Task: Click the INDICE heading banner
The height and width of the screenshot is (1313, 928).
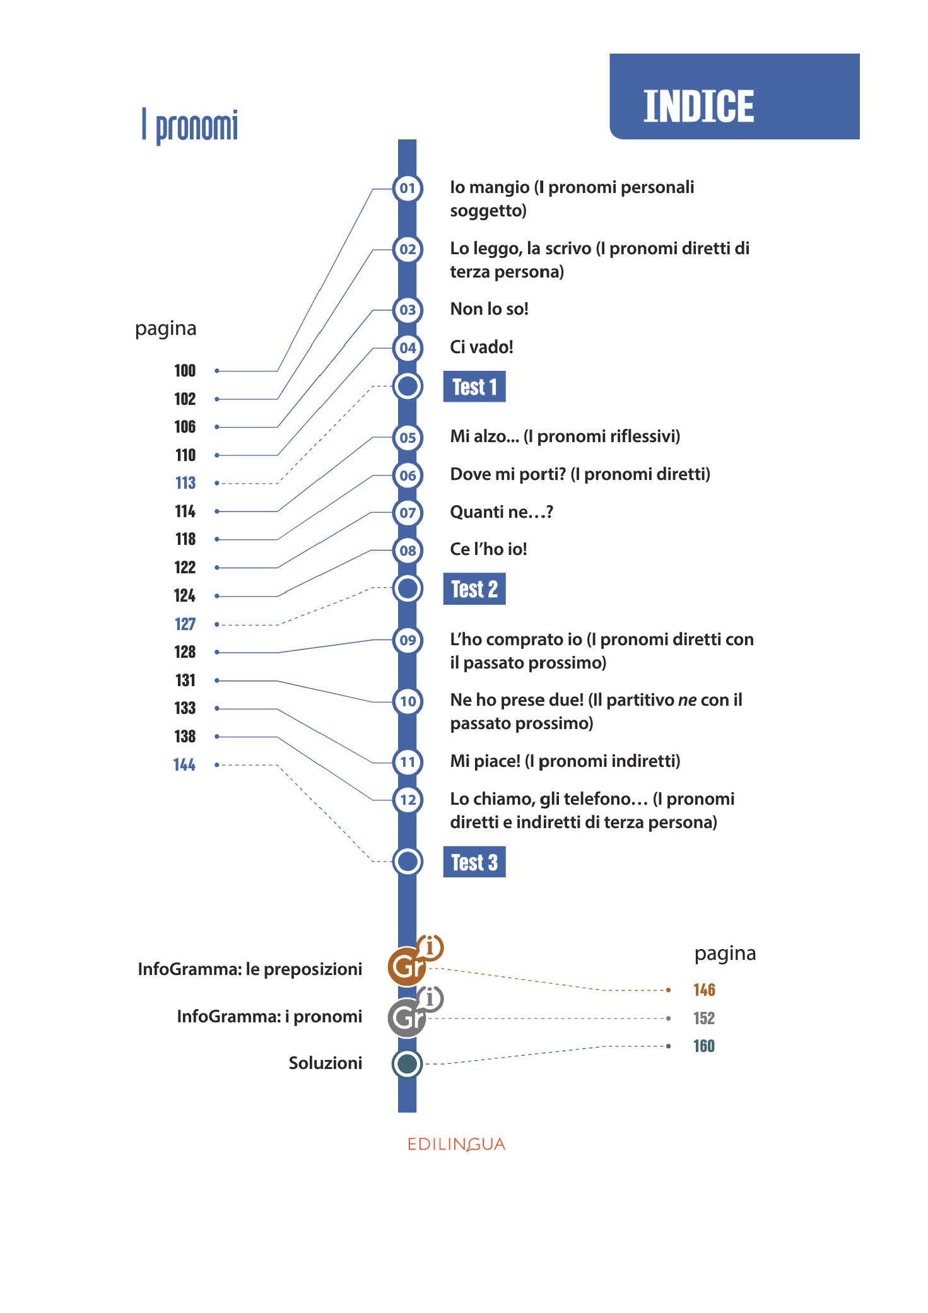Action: coord(734,96)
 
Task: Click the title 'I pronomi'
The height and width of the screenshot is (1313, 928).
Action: coord(190,125)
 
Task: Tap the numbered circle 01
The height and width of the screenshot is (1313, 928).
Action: coord(408,188)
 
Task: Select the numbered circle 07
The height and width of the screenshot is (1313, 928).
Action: coord(408,513)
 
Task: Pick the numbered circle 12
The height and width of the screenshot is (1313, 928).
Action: coord(408,800)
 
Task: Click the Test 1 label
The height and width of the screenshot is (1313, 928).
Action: coord(474,387)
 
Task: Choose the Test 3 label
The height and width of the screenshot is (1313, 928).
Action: coord(474,862)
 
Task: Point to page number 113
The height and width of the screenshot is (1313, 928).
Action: coord(185,483)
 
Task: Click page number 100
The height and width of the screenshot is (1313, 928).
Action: coord(185,371)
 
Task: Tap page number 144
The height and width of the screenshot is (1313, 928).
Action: coord(184,765)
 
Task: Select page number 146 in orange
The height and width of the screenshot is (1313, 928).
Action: coord(704,990)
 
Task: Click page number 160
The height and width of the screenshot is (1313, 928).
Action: coord(704,1046)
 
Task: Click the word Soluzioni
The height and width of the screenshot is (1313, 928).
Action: coord(326,1063)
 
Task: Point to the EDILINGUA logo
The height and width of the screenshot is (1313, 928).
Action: coord(456,1145)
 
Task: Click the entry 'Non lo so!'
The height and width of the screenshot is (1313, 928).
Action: coord(489,309)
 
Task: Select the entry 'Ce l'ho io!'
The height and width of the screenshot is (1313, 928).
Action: coord(488,549)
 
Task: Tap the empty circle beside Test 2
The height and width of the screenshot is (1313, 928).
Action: coord(408,589)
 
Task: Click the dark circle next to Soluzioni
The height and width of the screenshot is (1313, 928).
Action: coord(408,1064)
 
